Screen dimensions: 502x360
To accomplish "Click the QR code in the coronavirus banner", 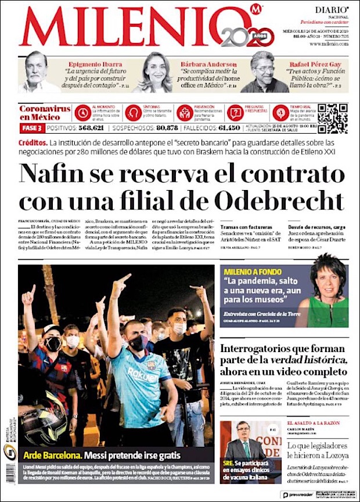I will (332, 118).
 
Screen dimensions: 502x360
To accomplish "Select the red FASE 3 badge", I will (31, 128).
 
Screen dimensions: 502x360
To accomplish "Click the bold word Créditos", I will (33, 143).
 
